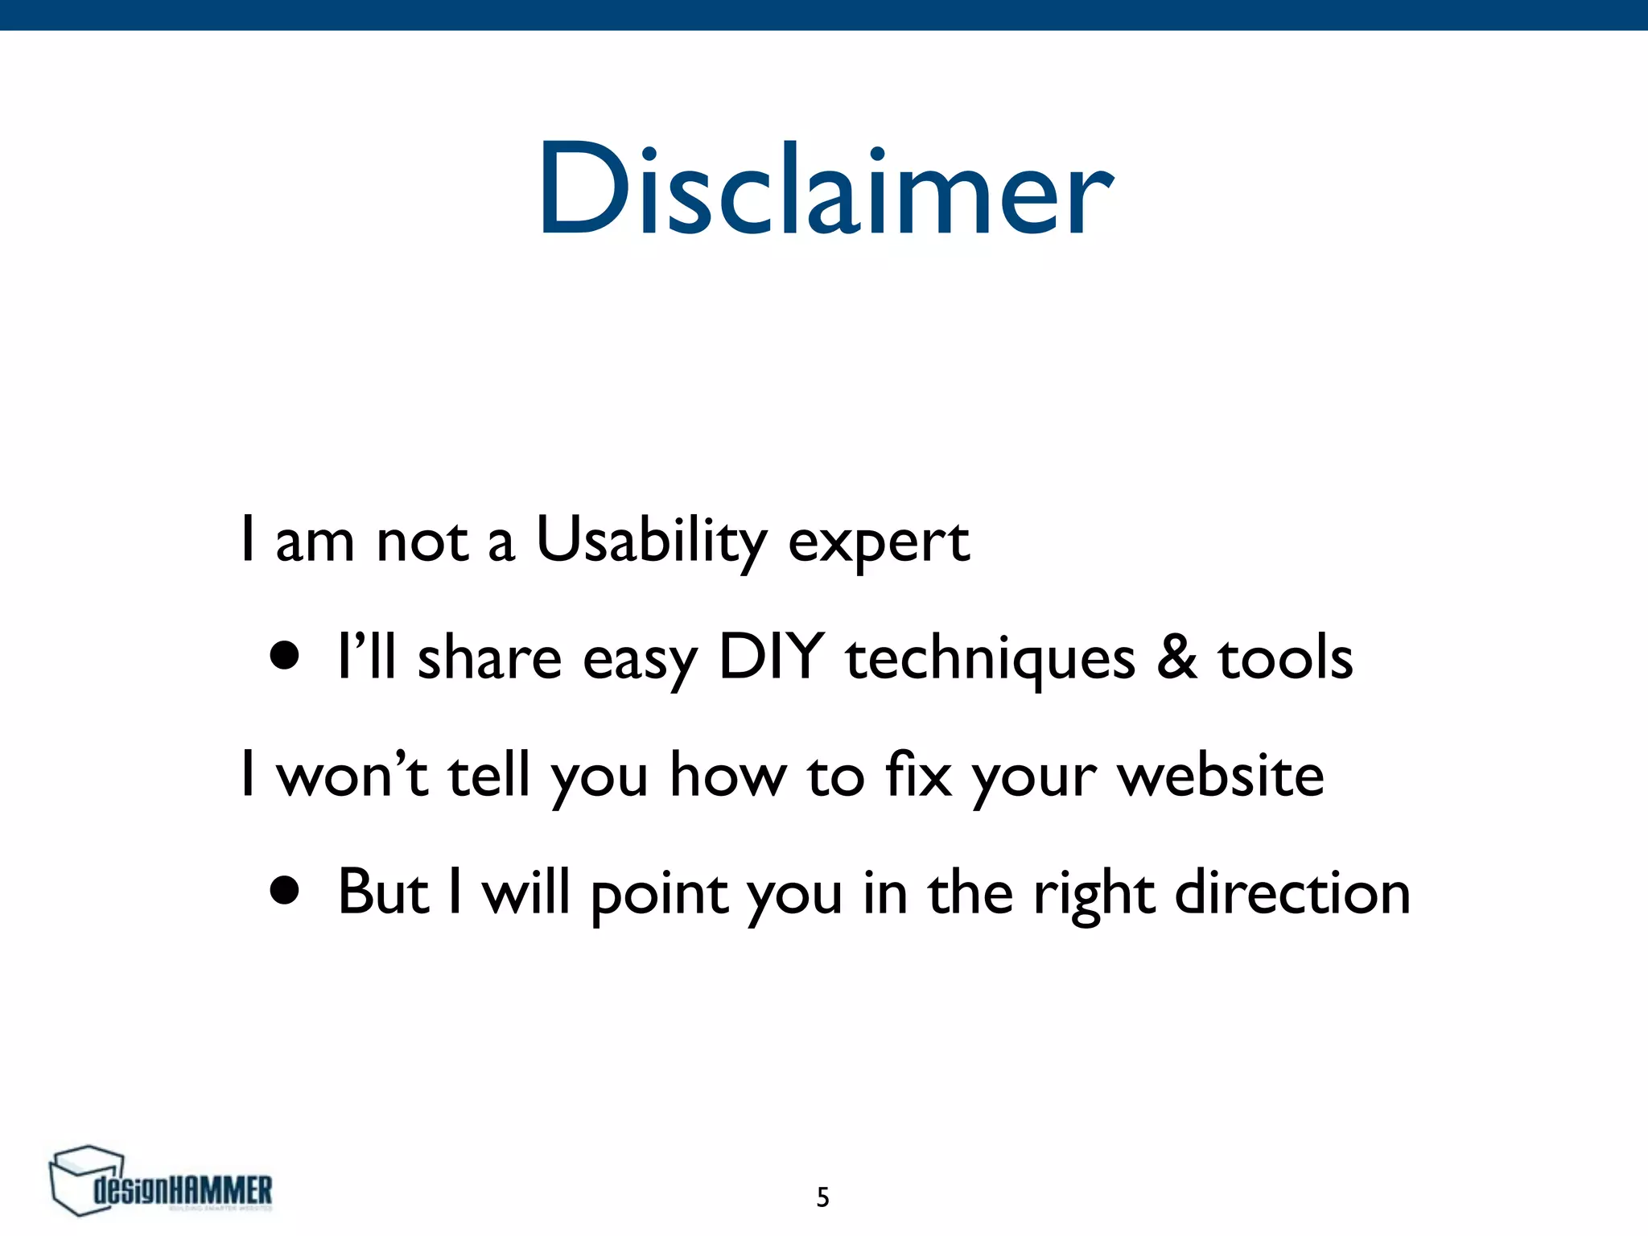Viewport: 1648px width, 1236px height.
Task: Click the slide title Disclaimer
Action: tap(826, 190)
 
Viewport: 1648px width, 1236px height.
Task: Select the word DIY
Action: tap(772, 657)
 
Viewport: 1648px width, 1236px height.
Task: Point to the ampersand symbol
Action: tap(1176, 657)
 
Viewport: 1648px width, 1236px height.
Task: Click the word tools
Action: tap(1285, 658)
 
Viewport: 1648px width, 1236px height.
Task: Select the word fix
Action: tap(918, 775)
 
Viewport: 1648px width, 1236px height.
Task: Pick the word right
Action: tap(1094, 895)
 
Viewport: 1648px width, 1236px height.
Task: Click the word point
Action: tap(659, 895)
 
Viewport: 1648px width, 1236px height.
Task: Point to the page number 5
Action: tap(822, 1197)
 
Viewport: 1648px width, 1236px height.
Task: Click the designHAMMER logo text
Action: tap(183, 1190)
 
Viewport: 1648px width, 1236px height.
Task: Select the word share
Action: tap(489, 658)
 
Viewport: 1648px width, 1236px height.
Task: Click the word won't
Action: tap(352, 775)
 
